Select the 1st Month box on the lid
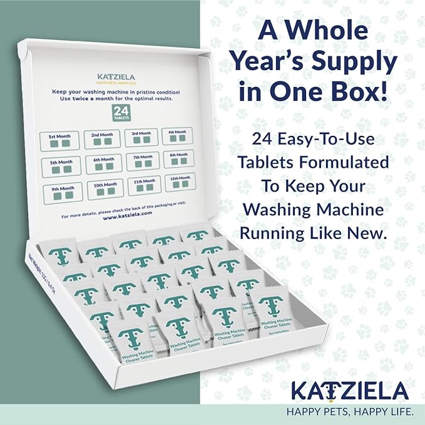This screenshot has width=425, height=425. tap(60, 141)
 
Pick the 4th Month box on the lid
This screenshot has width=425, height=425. tap(178, 136)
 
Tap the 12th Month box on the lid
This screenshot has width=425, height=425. tap(180, 183)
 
